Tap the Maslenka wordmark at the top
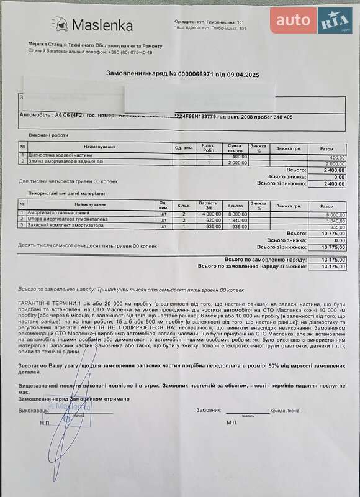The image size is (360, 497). coord(102,25)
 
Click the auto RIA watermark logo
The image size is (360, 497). coord(311,21)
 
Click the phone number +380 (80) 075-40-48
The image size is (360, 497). coord(130,52)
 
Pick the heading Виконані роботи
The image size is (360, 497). coord(48,135)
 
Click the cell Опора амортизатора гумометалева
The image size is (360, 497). coord(67,219)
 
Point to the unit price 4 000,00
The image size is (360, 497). coord(209,212)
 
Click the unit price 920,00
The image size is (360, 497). coord(210,219)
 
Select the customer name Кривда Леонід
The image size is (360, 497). coord(286,411)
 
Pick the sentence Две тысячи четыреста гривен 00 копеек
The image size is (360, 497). coord(68,181)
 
